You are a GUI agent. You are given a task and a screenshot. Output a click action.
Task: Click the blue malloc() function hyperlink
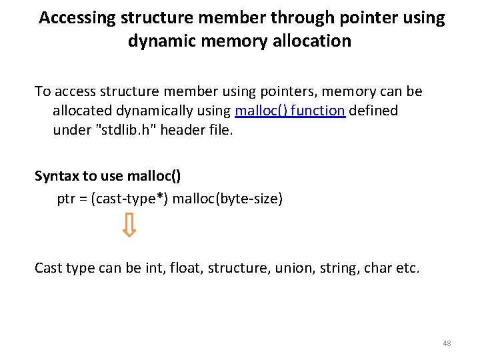290,111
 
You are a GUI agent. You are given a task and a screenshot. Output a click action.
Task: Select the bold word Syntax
57,176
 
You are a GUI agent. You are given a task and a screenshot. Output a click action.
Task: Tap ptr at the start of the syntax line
67,198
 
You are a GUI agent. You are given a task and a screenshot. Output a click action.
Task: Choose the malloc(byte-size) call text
227,198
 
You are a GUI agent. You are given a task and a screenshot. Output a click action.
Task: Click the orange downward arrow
130,225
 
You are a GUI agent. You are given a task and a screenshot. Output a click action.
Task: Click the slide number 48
447,343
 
